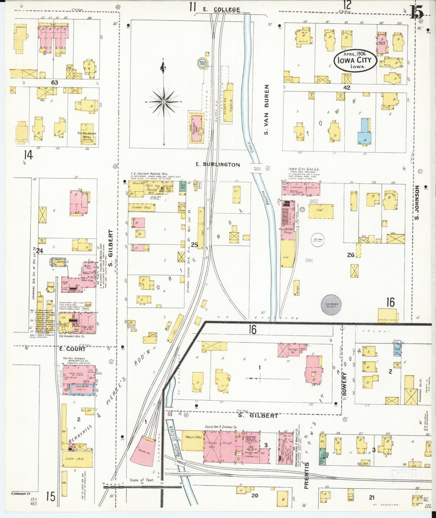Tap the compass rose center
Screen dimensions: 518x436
(x=163, y=102)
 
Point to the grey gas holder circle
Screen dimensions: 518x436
(x=332, y=305)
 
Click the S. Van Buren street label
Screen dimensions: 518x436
(x=266, y=110)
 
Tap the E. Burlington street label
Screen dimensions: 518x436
(x=218, y=165)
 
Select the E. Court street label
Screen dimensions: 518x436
(x=73, y=349)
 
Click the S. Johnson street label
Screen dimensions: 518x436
(x=417, y=202)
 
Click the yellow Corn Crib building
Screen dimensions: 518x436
(x=77, y=459)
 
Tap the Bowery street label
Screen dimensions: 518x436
(x=344, y=384)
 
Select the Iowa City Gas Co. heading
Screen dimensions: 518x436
(x=304, y=170)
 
